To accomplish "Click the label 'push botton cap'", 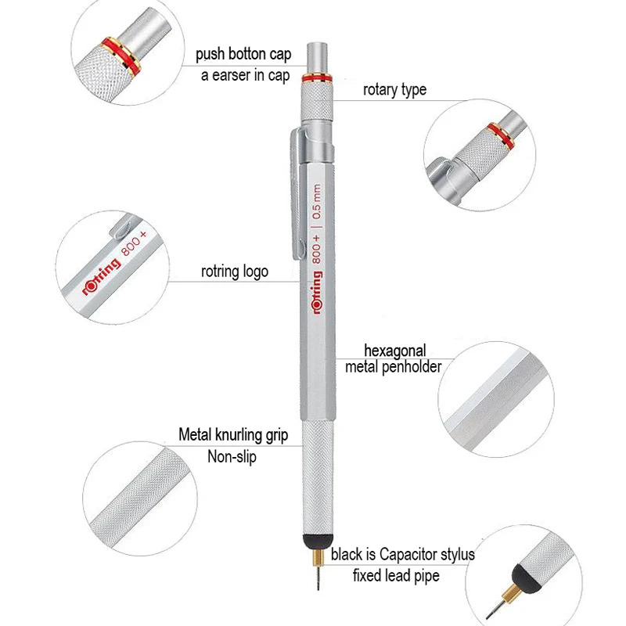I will tap(243, 56).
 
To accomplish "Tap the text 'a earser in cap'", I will tap(243, 76).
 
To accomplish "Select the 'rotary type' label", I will tap(394, 89).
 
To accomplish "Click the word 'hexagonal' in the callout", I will tap(395, 350).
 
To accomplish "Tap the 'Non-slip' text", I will tap(232, 456).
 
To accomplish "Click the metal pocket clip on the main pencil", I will tap(293, 196).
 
